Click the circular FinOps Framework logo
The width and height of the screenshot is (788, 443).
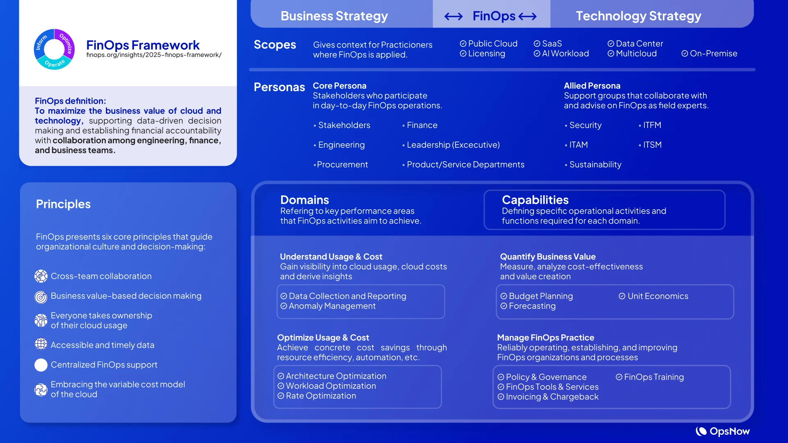[x=54, y=49]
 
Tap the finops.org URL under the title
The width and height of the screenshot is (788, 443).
[x=153, y=55]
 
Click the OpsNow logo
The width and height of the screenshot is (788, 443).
[x=722, y=431]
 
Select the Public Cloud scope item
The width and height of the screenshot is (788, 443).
[x=488, y=43]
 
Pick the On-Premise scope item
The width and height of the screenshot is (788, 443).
[x=709, y=53]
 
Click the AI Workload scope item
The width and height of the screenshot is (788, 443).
[x=561, y=53]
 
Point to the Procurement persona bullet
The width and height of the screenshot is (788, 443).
[x=341, y=164]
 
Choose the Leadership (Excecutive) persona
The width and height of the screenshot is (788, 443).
[x=451, y=145]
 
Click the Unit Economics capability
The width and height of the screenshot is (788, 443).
[x=653, y=296]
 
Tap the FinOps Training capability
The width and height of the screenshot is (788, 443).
[x=650, y=377]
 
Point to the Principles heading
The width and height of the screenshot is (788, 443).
[x=63, y=204]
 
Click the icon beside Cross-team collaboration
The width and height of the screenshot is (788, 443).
[x=41, y=276]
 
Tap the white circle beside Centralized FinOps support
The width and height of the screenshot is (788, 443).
[x=41, y=365]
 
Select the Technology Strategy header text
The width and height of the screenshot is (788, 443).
[x=638, y=16]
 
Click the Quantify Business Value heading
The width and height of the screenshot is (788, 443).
[x=547, y=257]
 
